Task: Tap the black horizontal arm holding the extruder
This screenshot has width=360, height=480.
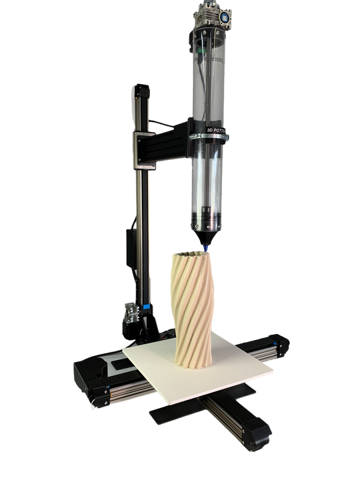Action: pos(167,137)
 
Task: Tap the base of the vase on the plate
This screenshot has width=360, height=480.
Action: pos(193,360)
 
